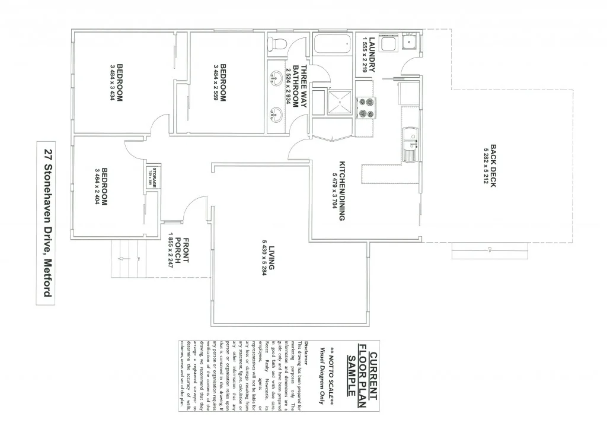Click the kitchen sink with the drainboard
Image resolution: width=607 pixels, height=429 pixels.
[410, 144]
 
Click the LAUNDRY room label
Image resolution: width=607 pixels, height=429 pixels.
[372, 55]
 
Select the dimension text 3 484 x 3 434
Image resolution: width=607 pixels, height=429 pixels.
[111, 82]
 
